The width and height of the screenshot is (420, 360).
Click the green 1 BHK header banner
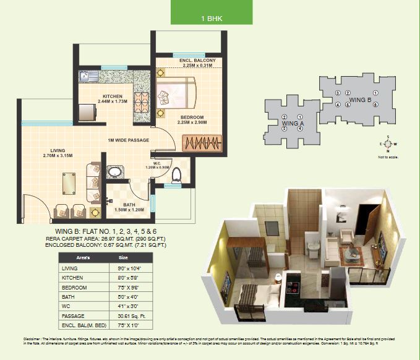coord(212,12)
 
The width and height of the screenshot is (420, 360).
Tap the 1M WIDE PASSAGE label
coord(127,140)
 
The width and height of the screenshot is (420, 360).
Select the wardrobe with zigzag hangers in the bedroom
coord(199,143)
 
